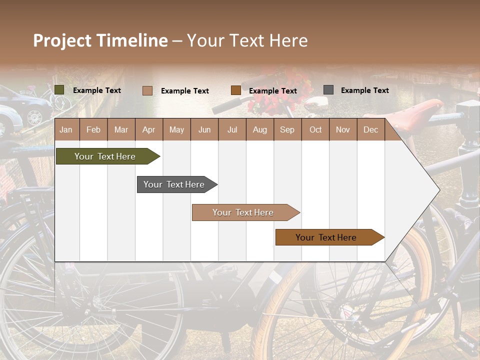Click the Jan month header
pos(66,129)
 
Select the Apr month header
pos(148,129)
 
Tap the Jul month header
pos(232,129)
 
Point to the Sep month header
pos(287,129)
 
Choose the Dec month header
pos(370,129)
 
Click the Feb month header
pos(93,129)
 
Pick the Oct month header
pos(315,129)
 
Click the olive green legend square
pos(59,90)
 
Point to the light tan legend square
pos(147,90)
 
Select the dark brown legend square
pos(236,90)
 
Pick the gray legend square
pos(328,90)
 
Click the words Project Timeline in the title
pos(100,40)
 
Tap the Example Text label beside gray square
pos(364,90)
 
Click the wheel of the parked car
pos(34,117)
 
